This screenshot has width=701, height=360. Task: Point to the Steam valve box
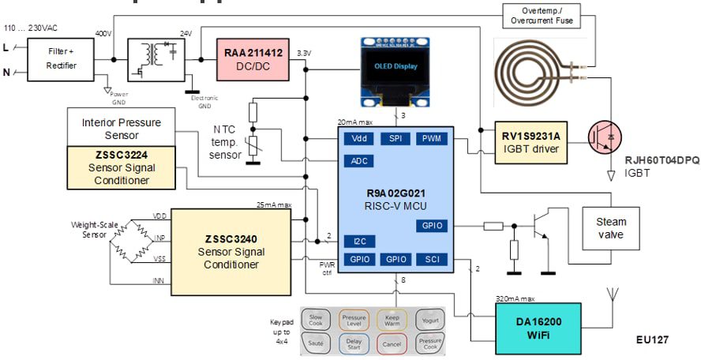point(609,228)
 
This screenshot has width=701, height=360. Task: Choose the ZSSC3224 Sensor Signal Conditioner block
point(119,167)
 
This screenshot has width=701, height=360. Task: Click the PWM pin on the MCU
point(431,138)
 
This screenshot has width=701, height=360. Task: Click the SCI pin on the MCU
point(432,258)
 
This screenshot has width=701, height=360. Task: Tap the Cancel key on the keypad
point(392,343)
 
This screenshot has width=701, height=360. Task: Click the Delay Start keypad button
point(355,343)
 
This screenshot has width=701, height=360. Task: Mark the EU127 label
point(652,339)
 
